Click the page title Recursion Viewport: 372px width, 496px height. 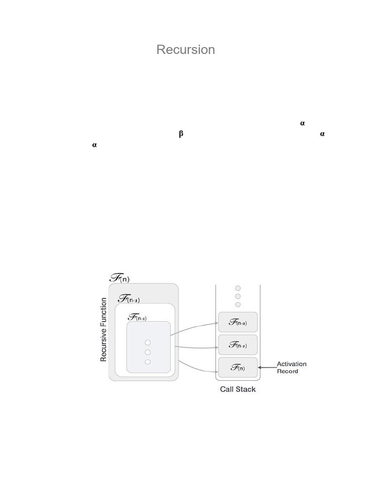(186, 49)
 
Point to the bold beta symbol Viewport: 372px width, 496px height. (181, 134)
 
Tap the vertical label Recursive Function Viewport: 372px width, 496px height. (103, 330)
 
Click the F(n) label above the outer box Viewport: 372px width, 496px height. (120, 278)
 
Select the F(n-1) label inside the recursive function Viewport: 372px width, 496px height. (129, 299)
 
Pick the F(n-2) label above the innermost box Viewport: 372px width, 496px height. (137, 317)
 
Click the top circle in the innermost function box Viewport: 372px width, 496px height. (148, 342)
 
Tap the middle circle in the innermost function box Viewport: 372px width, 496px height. (148, 352)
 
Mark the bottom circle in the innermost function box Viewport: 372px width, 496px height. (148, 362)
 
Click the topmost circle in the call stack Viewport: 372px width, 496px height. (238, 288)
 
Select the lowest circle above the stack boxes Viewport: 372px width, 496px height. (238, 305)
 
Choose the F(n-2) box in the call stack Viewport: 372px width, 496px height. (237, 322)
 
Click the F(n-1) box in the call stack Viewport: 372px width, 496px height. (237, 345)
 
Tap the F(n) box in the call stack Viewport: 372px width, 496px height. (237, 368)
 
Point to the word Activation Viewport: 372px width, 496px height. (291, 364)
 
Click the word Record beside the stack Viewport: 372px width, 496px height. (287, 372)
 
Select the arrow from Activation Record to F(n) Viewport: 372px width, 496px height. (266, 368)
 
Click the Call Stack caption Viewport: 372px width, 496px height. (238, 389)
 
